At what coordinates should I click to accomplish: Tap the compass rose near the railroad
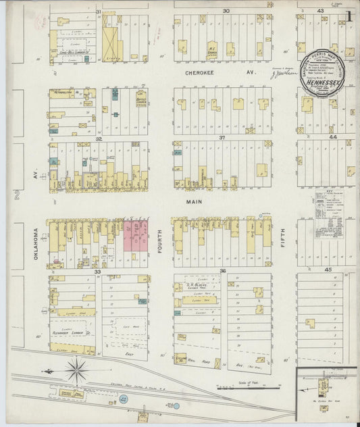coord(76,370)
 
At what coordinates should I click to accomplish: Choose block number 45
coord(329,270)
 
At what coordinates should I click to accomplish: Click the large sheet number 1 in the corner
coord(347,14)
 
